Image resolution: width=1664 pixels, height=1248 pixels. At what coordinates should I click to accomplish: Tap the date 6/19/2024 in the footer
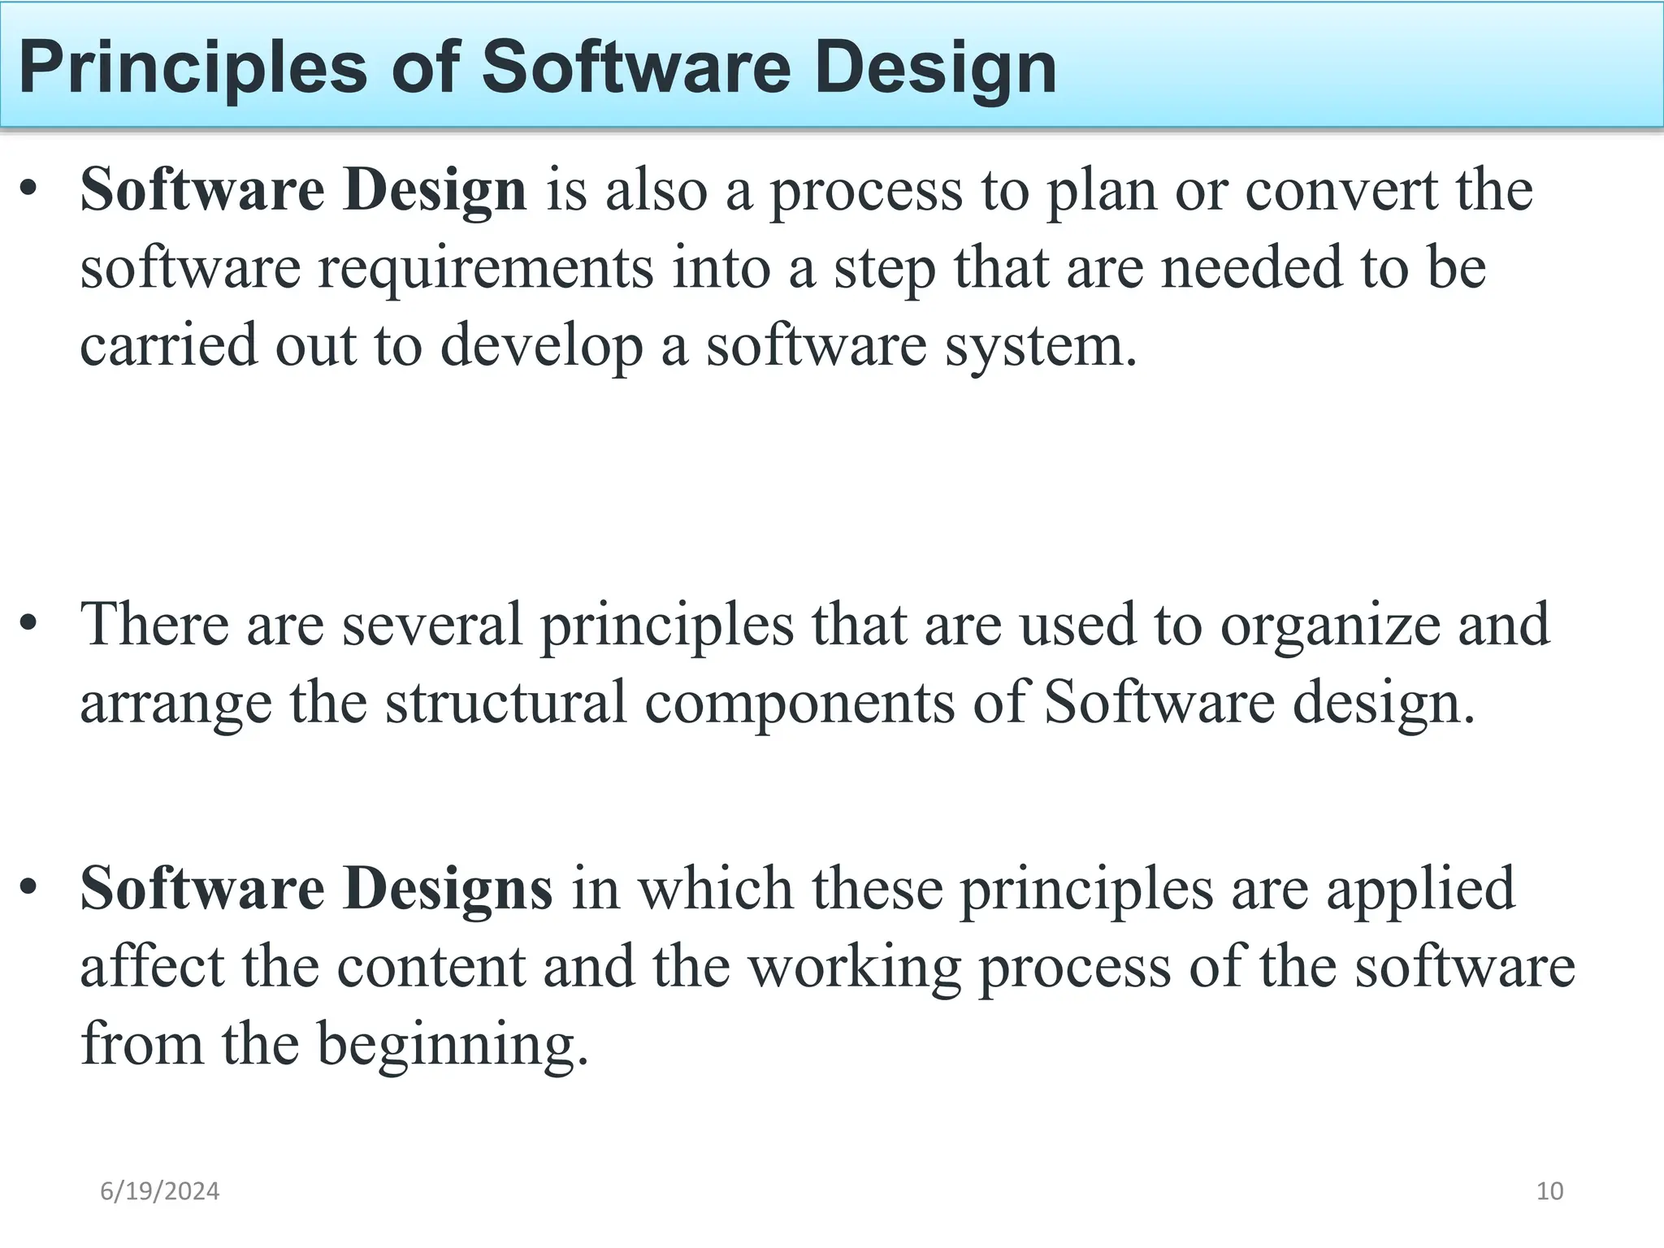point(159,1191)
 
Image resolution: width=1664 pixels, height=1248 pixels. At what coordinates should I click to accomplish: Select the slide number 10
point(1549,1191)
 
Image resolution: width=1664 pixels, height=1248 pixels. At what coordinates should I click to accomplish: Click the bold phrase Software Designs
point(316,889)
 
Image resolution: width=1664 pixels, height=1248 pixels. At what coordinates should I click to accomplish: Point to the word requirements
point(485,268)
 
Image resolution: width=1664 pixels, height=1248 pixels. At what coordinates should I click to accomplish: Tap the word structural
point(505,703)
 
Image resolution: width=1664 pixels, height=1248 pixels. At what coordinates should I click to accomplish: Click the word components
point(799,703)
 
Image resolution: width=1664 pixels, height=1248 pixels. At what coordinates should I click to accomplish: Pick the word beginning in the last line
point(452,1045)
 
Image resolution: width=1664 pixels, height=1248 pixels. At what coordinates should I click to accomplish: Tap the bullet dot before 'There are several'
point(29,625)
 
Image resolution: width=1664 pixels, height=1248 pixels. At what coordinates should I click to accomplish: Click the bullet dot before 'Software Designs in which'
point(29,889)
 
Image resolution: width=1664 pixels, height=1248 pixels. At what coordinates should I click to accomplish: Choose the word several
point(431,625)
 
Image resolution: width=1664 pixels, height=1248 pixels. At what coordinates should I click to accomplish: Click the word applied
point(1421,889)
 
